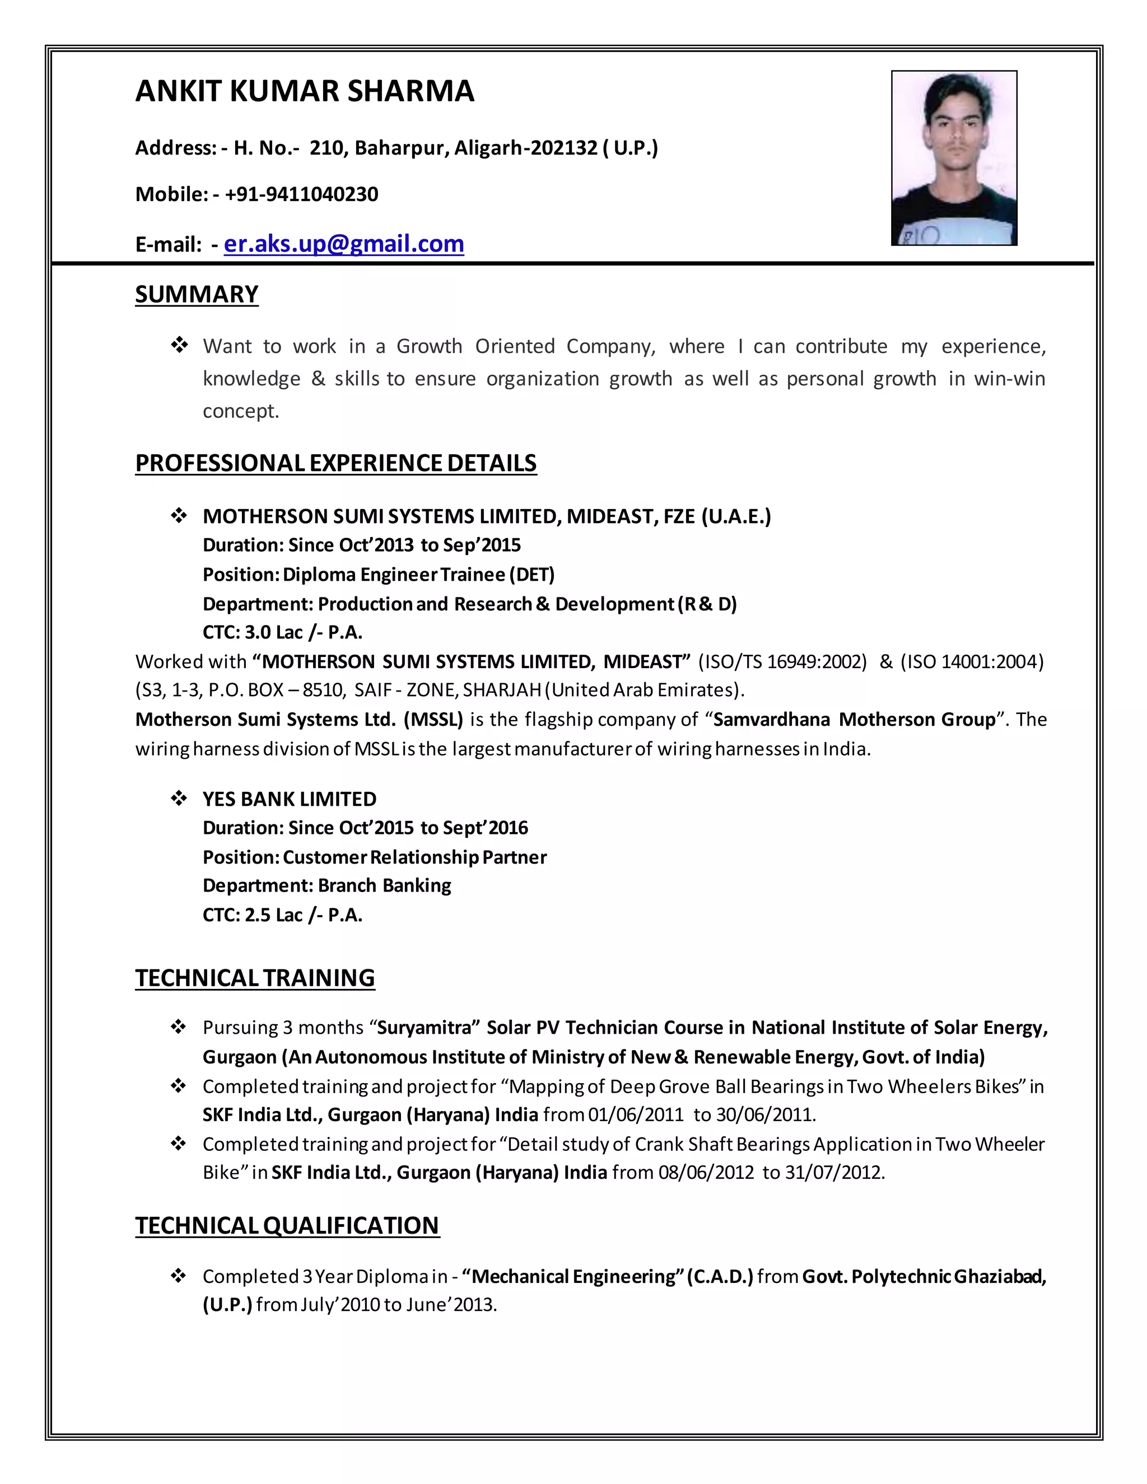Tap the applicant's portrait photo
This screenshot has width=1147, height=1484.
point(953,158)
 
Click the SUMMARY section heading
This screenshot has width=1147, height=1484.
point(197,294)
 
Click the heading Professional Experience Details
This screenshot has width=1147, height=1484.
point(335,463)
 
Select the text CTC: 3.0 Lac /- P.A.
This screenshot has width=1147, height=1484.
point(282,633)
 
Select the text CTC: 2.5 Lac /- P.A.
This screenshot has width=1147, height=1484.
point(282,915)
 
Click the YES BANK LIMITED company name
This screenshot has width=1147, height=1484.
point(289,799)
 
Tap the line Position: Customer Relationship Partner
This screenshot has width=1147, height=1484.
point(375,857)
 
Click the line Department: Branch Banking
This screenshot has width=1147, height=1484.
point(327,886)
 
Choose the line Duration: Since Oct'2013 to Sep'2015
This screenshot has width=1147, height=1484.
point(361,545)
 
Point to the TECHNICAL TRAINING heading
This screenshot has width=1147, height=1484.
point(255,978)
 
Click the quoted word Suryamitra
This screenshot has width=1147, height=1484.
point(424,1028)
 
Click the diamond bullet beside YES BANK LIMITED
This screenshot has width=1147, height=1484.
point(179,799)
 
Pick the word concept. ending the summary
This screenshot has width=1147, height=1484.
point(240,411)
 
